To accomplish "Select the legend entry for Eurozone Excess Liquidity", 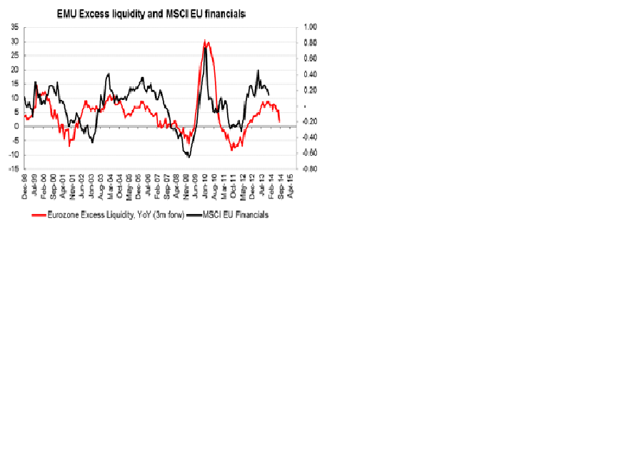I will [107, 214].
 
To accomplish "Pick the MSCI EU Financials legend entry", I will [235, 214].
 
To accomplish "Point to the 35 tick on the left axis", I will [14, 27].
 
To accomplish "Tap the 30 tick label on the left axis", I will [14, 41].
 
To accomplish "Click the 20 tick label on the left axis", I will [14, 70].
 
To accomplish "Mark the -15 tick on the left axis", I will [14, 169].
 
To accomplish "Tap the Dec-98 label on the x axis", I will [25, 185].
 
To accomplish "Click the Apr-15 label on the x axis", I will [289, 185].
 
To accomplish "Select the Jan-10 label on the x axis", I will [204, 185].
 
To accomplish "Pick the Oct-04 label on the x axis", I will [120, 185].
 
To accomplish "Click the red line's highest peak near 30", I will [205, 41].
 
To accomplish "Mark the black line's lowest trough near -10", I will [189, 156].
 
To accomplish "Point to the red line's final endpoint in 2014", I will [279, 121].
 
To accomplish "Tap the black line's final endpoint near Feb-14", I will [269, 94].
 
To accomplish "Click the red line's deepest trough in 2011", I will [231, 150].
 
